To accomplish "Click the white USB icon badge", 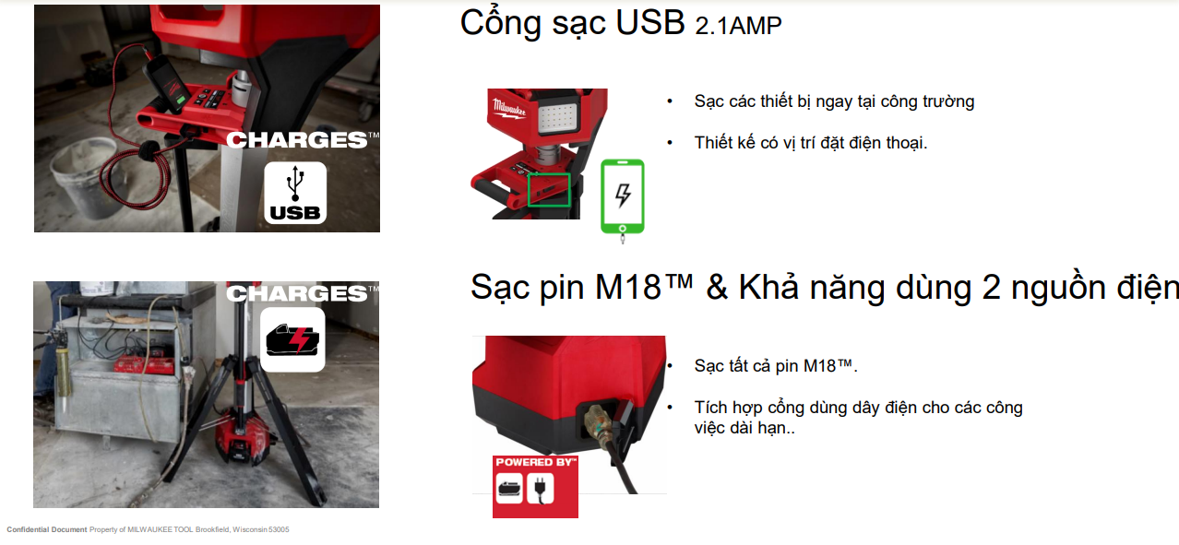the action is [x=295, y=193].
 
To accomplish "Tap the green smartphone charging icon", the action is [x=623, y=196].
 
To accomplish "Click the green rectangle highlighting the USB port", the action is [x=549, y=190].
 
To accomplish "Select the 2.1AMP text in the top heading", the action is [x=738, y=26].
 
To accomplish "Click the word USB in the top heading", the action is [x=650, y=23].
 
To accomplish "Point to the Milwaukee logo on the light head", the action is [x=509, y=109].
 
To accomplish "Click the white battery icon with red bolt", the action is [x=292, y=339].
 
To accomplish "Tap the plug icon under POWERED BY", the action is [x=540, y=488].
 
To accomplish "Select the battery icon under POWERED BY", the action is [x=509, y=488].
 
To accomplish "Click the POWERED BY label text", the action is [x=535, y=462].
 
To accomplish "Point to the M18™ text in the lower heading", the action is [x=643, y=287].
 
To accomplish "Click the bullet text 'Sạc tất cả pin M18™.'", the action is [x=775, y=365].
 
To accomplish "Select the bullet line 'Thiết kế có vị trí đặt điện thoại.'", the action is [x=811, y=143].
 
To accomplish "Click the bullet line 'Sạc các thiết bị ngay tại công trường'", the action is [x=834, y=101].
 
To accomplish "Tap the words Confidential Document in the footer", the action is [x=47, y=529].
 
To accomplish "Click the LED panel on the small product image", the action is [x=558, y=117].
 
